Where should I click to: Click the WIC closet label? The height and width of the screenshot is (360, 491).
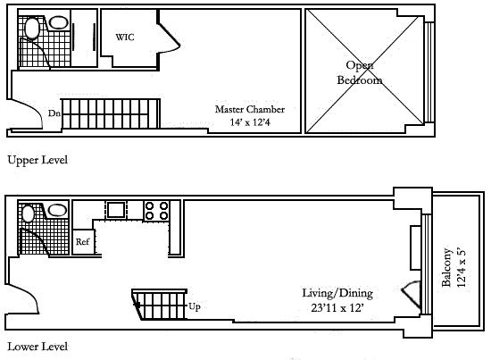click(x=125, y=38)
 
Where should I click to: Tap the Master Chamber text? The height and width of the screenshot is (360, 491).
click(x=250, y=109)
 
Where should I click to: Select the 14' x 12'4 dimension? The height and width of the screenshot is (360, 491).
click(x=250, y=121)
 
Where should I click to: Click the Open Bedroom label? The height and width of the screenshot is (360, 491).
click(x=360, y=72)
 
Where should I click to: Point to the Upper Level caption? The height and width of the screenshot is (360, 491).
click(x=37, y=160)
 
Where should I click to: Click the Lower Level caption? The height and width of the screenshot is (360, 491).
click(x=37, y=347)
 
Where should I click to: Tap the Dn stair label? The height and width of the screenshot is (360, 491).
click(x=54, y=113)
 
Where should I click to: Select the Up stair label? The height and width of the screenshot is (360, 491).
click(x=195, y=306)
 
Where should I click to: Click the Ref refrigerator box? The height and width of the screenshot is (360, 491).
click(x=83, y=241)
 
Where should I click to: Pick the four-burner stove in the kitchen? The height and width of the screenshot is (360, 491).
click(x=156, y=211)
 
